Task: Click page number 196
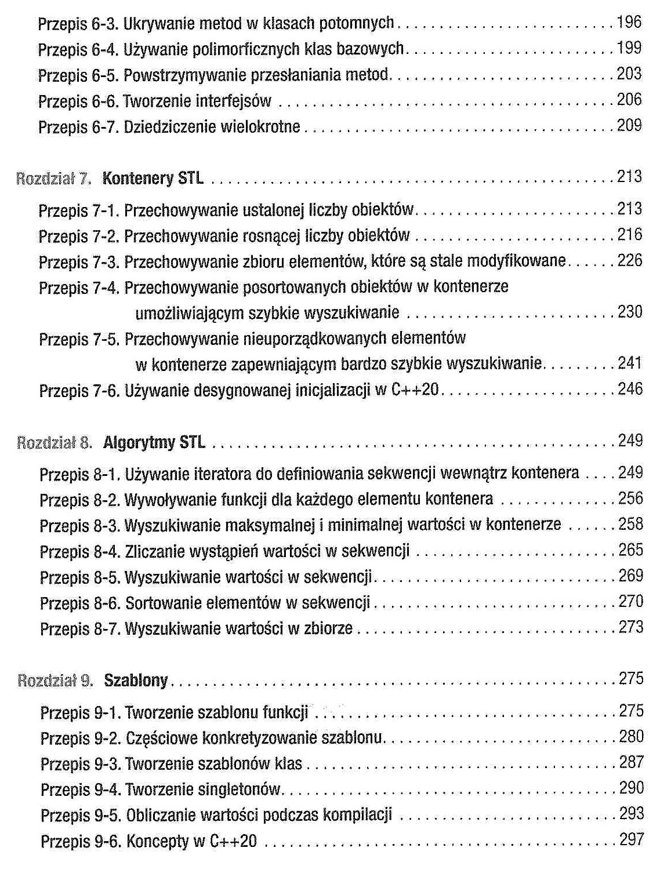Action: pyautogui.click(x=629, y=23)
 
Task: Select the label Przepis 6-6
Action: pyautogui.click(x=79, y=101)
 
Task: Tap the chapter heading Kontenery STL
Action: pyautogui.click(x=153, y=178)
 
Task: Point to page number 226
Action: pyautogui.click(x=630, y=261)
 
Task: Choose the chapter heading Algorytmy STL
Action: pyautogui.click(x=154, y=443)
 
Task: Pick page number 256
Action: pyautogui.click(x=630, y=499)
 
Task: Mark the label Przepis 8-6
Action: pyautogui.click(x=81, y=603)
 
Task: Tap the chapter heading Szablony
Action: pyautogui.click(x=136, y=680)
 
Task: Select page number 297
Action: pyautogui.click(x=632, y=839)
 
